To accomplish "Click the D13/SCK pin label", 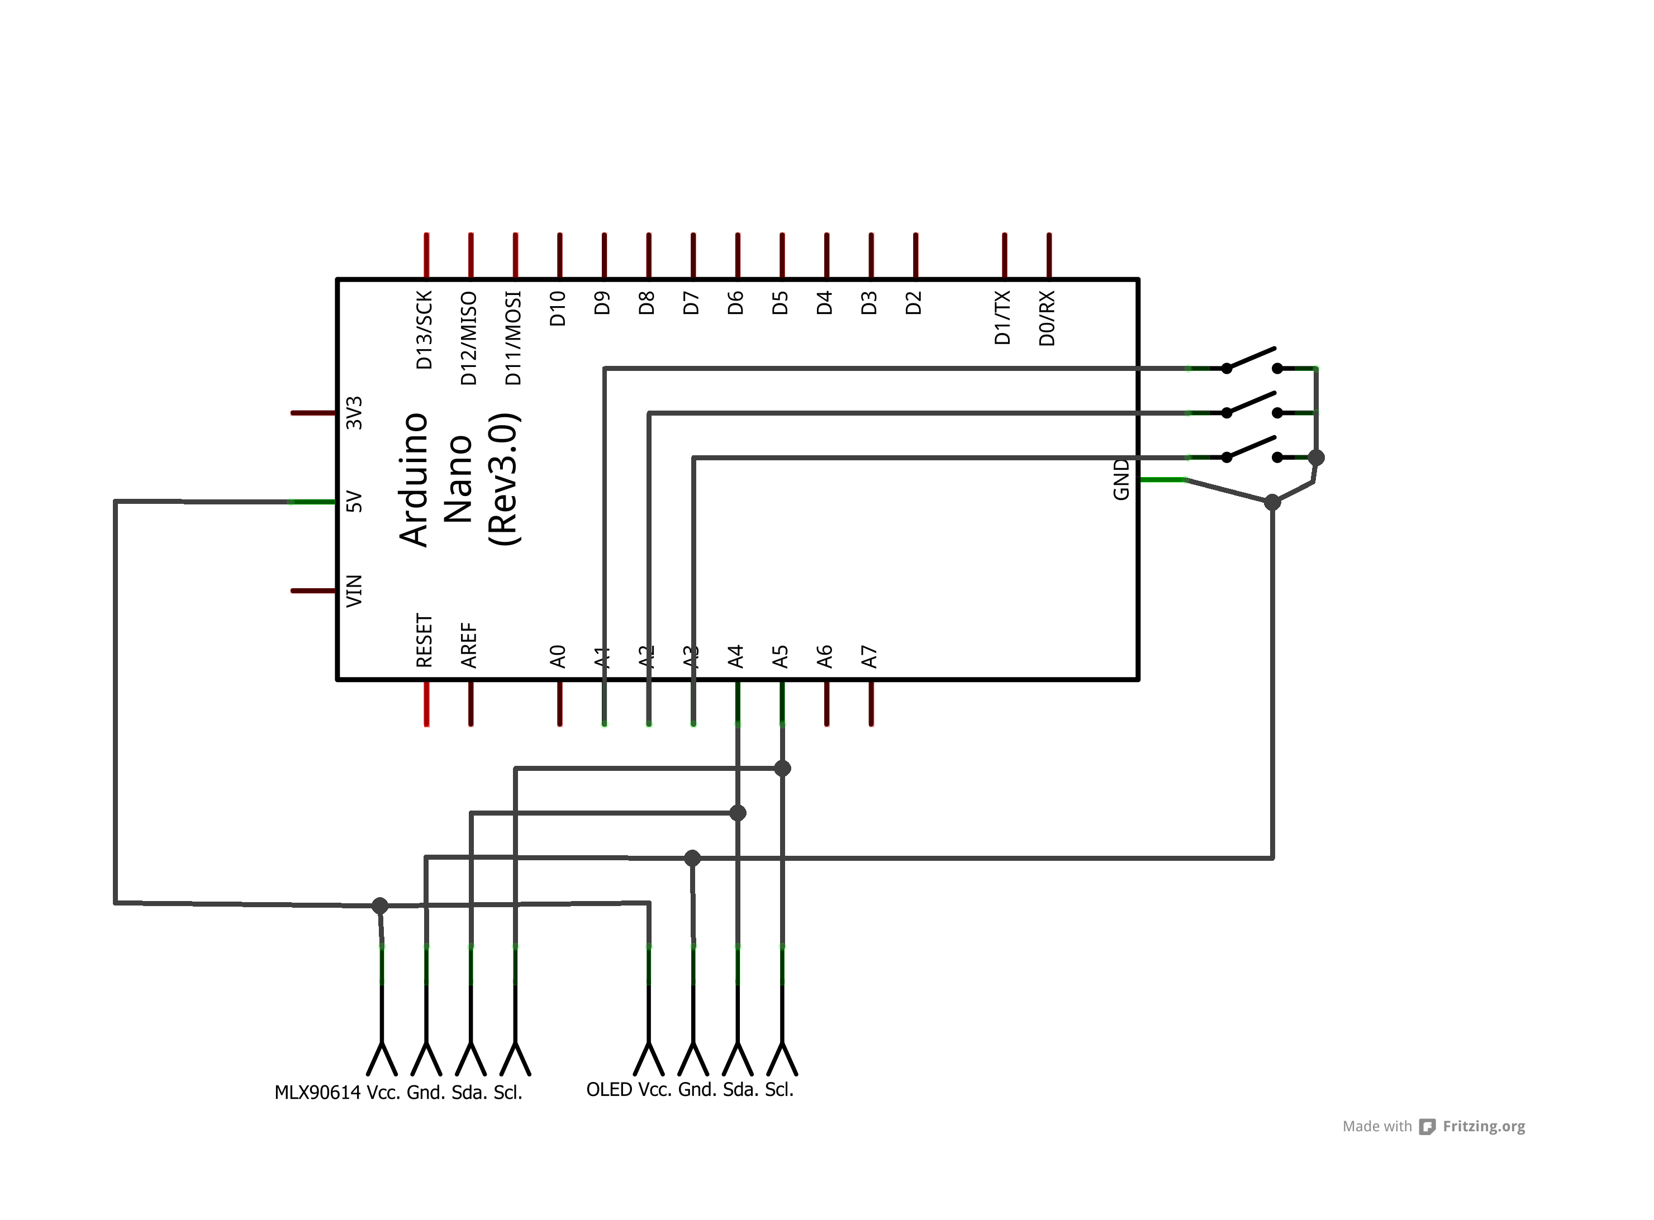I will coord(424,330).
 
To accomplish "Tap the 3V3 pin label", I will coord(355,413).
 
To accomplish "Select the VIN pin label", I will coord(355,591).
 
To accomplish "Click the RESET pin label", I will coord(424,640).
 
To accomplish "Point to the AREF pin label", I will coord(469,645).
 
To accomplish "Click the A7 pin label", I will coord(869,656).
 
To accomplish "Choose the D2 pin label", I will coord(914,303).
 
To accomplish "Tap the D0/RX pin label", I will coord(1047,318).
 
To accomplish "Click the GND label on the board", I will coord(1121,479).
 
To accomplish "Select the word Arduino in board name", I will coord(413,479).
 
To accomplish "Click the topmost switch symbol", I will coord(1251,360).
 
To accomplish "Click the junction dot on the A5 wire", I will coord(782,768).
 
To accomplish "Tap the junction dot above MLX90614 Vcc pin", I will coord(380,906).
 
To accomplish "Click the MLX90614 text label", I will coord(317,1092).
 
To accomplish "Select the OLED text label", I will coord(609,1089).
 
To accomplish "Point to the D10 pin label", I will coord(558,309).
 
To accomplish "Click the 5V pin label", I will coord(355,502).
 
